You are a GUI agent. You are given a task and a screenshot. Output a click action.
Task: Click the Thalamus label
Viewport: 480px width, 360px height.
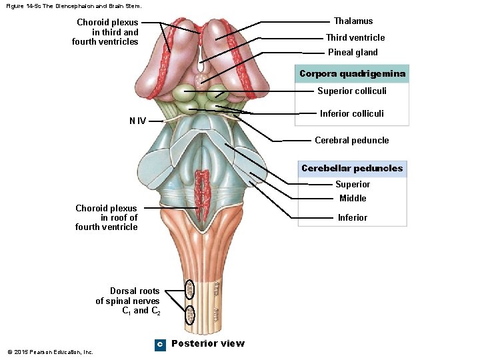tap(353, 21)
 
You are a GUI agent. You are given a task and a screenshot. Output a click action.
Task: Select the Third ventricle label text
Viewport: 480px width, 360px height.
tap(355, 37)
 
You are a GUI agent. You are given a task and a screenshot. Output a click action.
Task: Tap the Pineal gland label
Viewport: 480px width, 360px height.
tap(353, 52)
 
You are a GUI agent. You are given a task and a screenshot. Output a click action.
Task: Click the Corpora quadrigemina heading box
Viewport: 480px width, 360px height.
tap(352, 73)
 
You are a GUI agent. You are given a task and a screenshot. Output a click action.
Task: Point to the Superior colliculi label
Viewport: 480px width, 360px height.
tap(351, 91)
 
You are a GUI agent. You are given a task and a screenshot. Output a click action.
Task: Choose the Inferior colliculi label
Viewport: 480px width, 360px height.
tap(351, 113)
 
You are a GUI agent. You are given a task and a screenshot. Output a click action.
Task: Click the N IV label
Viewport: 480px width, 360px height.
tap(137, 121)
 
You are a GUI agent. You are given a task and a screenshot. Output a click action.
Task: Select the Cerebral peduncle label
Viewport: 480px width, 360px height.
tap(351, 140)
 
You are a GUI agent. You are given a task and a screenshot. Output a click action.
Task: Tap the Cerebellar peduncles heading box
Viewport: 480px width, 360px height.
tap(352, 168)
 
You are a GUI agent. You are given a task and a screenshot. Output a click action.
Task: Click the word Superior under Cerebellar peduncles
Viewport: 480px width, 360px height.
tap(352, 184)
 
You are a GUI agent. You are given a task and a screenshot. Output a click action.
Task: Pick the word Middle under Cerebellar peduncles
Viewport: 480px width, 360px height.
tap(353, 198)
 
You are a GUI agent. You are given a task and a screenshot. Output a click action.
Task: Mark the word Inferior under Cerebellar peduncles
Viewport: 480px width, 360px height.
tap(352, 217)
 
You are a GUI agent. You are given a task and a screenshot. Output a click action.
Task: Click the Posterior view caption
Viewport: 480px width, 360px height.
tap(207, 343)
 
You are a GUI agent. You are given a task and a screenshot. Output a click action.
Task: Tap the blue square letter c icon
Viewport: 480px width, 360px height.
tap(159, 344)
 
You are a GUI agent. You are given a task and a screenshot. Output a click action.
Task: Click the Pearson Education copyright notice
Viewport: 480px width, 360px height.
tap(50, 352)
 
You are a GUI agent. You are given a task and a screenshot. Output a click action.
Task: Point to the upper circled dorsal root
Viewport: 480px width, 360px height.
tap(189, 289)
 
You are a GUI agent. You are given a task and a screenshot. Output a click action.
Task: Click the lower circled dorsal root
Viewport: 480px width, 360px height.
tap(189, 313)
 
